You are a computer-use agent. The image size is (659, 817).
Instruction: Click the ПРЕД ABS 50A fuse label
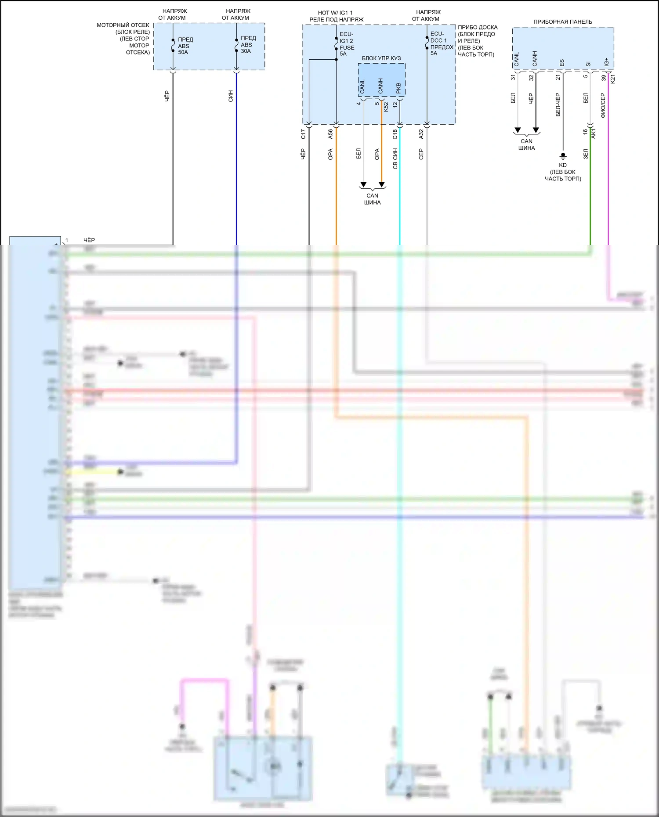pos(185,46)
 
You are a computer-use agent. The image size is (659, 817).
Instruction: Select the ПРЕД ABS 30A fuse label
pos(248,44)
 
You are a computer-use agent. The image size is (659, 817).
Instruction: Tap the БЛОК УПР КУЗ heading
pos(381,58)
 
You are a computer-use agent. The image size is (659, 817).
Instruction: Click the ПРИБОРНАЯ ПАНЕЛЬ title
pos(562,22)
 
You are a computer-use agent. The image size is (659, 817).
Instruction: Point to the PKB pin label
pos(399,88)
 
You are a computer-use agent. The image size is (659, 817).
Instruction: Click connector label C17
pos(303,134)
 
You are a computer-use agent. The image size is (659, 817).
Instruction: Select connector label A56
pos(330,134)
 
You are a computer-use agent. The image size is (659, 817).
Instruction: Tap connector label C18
pos(395,134)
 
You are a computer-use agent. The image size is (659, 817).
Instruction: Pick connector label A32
pos(421,134)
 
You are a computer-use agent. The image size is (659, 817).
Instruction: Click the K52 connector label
pos(386,107)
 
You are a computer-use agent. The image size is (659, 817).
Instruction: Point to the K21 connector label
pos(613,79)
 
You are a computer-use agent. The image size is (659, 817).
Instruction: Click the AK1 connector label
pos(594,133)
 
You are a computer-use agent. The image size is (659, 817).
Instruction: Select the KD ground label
pos(563,165)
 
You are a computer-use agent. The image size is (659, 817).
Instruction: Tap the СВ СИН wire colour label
pos(395,158)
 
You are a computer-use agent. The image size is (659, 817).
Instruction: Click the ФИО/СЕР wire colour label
pos(603,105)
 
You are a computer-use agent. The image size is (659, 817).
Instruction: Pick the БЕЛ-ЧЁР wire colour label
pos(558,104)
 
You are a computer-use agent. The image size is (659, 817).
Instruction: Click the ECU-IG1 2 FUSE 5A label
pos(346,44)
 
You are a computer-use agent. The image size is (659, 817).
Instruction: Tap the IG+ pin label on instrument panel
pos(606,62)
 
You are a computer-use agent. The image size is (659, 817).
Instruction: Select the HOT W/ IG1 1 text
pos(335,13)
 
